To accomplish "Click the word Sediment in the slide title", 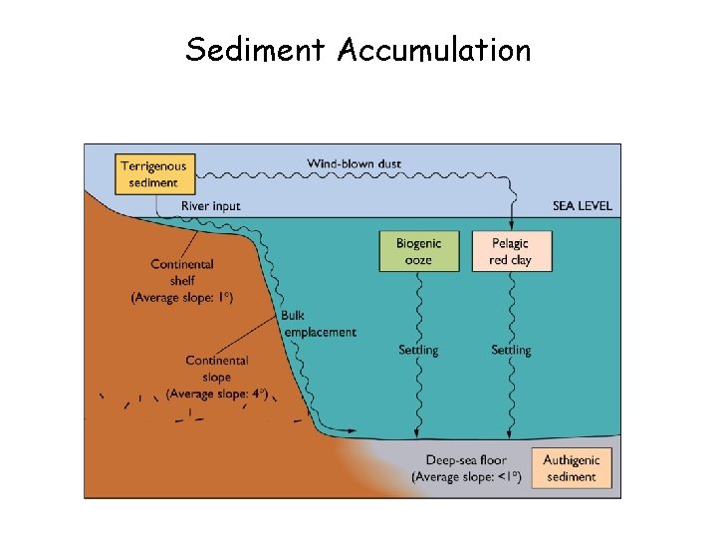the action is tap(256, 49).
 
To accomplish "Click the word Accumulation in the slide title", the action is tap(434, 49).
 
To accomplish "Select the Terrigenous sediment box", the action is tap(153, 174).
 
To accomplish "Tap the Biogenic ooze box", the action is tap(419, 251).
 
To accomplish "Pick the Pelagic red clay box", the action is tap(510, 251).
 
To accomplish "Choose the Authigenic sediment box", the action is tap(572, 468).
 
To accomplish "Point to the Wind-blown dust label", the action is tap(354, 163).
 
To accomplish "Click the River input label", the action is tap(210, 206).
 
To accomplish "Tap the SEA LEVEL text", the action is tap(582, 206).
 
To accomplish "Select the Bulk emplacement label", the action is tap(318, 324).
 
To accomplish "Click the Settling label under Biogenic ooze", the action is tap(418, 350).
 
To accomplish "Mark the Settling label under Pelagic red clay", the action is tap(511, 350).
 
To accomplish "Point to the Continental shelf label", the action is tap(182, 272).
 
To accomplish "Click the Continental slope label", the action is tap(216, 369).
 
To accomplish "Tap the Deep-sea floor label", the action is tap(466, 459).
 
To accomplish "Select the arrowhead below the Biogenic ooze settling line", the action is tap(415, 433).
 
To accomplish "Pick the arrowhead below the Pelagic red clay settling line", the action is tap(510, 433).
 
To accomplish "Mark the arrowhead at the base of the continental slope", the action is tap(351, 430).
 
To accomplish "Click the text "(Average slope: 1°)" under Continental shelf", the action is tap(182, 297).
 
